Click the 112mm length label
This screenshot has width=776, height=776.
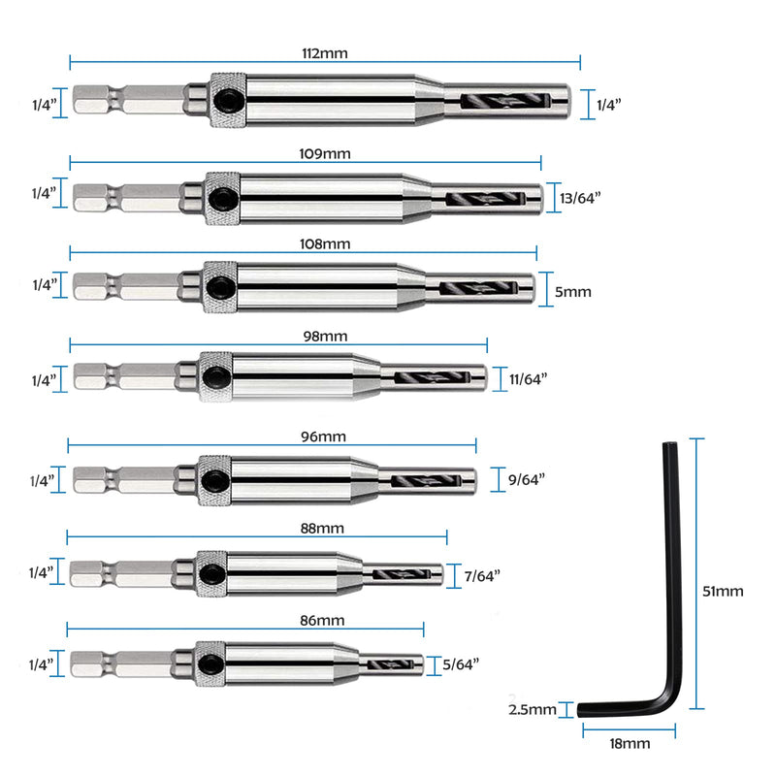point(325,53)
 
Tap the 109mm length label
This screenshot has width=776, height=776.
point(325,154)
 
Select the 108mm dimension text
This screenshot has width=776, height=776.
point(325,244)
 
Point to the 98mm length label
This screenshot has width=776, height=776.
point(325,337)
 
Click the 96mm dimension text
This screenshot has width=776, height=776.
point(323,437)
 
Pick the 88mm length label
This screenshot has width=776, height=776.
point(322,529)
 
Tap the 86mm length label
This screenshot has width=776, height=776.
point(322,621)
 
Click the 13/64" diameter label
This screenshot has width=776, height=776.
point(580,198)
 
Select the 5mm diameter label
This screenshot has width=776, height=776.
point(572,292)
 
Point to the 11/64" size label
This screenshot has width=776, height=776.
point(528,379)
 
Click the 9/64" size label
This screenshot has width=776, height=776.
point(526,479)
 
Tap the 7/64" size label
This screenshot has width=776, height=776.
point(482,576)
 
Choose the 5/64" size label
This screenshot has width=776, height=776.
point(461,664)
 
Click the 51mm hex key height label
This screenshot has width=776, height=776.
point(723,592)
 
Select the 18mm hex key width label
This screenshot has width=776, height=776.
point(630,744)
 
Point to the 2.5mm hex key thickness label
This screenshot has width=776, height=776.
point(532,710)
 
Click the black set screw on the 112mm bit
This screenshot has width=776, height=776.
point(227,101)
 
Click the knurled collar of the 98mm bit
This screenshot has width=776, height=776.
point(215,376)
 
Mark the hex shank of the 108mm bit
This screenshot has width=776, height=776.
point(127,286)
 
